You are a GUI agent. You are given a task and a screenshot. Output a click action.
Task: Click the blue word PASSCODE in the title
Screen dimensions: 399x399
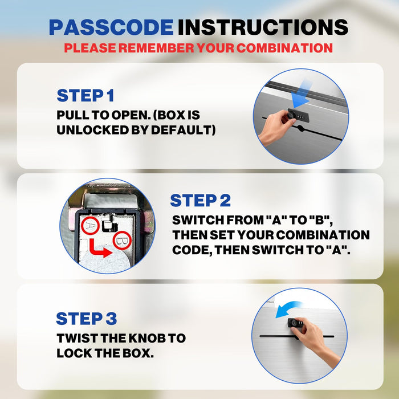point(111,27)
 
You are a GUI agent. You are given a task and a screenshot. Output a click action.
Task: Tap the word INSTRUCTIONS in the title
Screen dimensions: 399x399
point(263,27)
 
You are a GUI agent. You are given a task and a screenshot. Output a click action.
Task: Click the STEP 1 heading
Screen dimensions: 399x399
point(85,96)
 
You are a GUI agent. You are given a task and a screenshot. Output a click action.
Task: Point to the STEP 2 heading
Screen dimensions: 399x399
point(200,201)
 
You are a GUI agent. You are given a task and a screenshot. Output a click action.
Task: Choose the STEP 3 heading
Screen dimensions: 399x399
point(86,319)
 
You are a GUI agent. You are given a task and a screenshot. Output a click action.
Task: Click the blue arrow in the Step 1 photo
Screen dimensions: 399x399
point(302,94)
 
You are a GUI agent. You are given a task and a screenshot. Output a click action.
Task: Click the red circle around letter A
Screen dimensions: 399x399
point(90,226)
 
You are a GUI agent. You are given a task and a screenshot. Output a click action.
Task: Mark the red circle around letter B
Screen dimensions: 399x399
point(122,240)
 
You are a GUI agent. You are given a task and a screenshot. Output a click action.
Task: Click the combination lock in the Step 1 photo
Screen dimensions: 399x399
point(298,116)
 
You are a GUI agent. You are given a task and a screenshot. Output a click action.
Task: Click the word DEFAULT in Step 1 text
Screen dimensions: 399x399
point(183,130)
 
